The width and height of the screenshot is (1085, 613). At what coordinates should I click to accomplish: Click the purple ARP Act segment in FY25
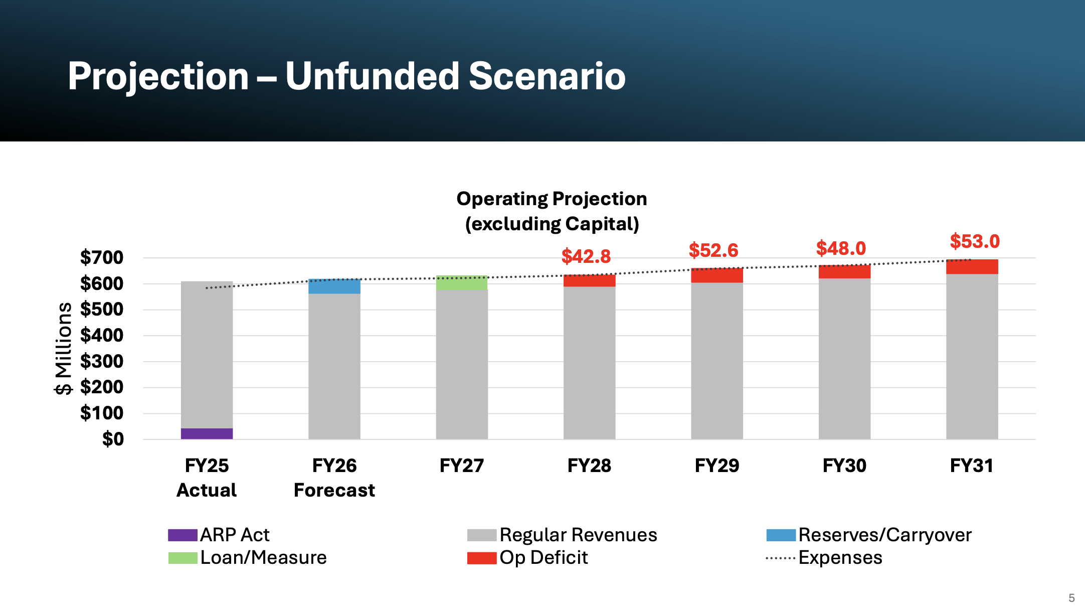[207, 433]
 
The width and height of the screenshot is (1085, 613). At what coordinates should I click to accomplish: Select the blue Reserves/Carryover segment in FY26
[334, 286]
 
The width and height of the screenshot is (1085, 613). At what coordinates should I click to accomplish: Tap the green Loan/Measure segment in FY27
[462, 282]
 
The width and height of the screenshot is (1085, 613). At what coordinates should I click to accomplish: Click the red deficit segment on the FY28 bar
[589, 281]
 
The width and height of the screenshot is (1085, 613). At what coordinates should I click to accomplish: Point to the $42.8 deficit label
[586, 256]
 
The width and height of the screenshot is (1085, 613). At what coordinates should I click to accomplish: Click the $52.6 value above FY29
[713, 250]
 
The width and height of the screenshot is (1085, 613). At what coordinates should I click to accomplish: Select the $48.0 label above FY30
[841, 248]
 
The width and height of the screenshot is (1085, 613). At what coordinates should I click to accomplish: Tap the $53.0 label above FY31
[975, 241]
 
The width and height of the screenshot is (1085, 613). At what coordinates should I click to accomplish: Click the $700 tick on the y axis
[102, 257]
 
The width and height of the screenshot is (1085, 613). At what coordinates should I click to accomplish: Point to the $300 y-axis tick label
[102, 361]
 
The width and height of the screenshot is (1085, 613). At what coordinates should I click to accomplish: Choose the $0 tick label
[113, 439]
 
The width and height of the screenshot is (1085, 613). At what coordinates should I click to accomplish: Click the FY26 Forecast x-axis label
[334, 478]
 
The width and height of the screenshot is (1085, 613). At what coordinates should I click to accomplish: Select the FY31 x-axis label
[972, 466]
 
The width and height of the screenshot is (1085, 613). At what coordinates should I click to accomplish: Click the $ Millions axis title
[64, 348]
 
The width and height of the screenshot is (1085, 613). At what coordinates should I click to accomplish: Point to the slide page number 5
[1071, 598]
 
